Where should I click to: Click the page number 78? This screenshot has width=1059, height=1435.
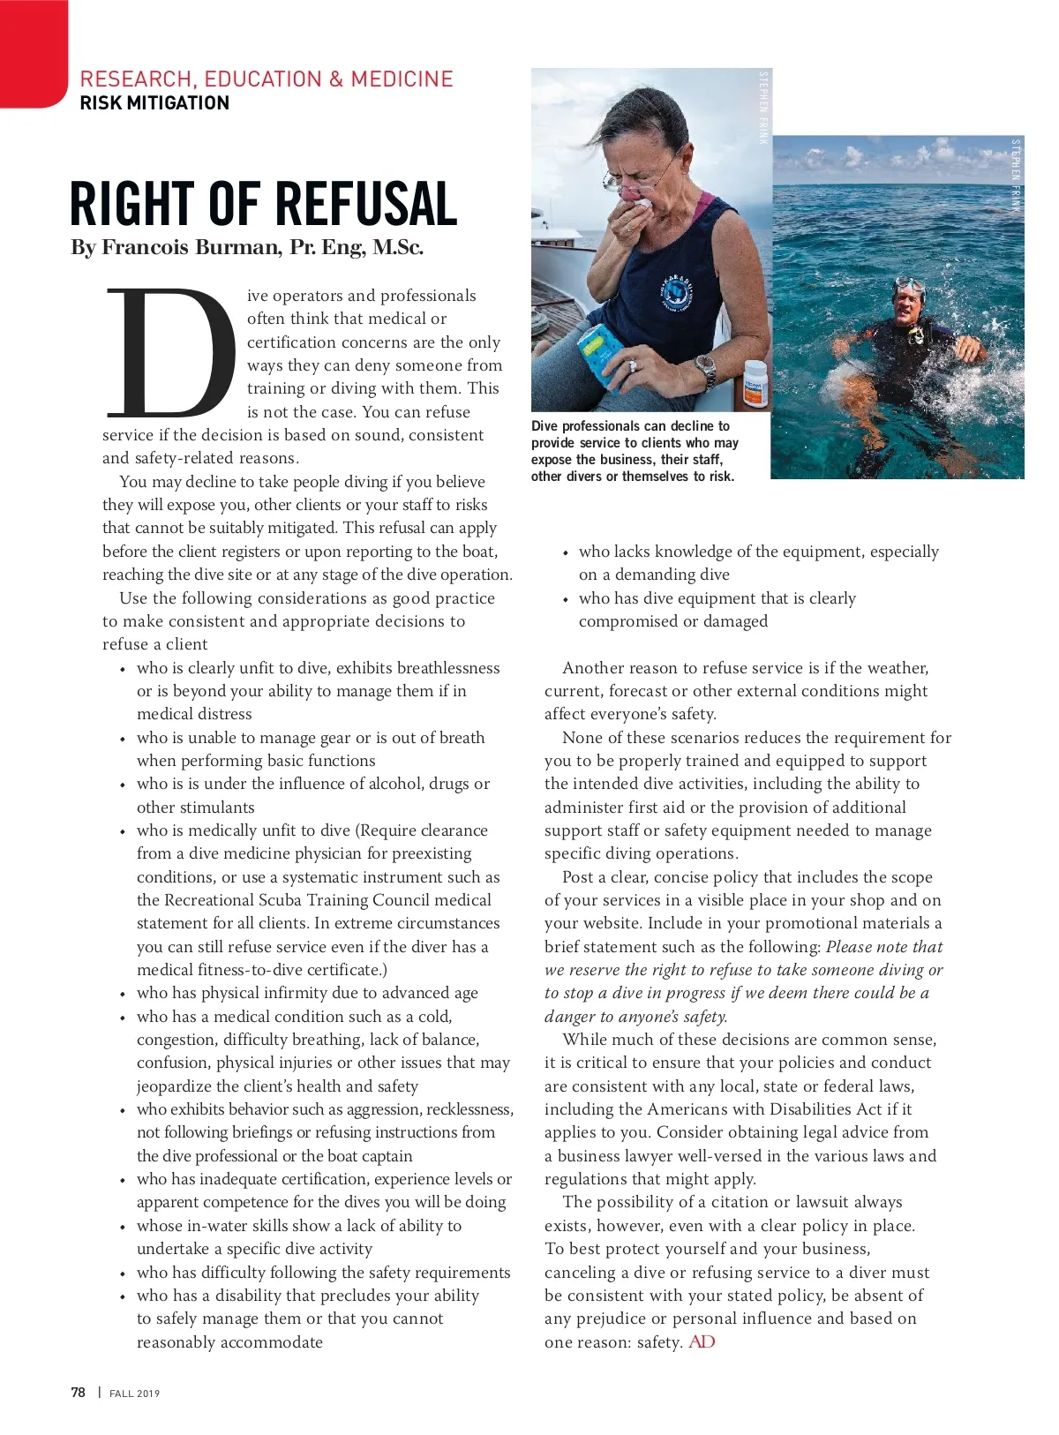click(79, 1393)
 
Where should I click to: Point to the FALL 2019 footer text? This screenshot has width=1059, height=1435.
click(135, 1394)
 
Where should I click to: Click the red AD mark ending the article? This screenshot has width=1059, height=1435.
click(702, 1342)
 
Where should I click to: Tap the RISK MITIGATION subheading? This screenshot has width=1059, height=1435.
click(154, 103)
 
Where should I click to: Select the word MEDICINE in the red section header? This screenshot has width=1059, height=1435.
click(402, 79)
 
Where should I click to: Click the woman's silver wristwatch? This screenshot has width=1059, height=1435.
click(706, 371)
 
